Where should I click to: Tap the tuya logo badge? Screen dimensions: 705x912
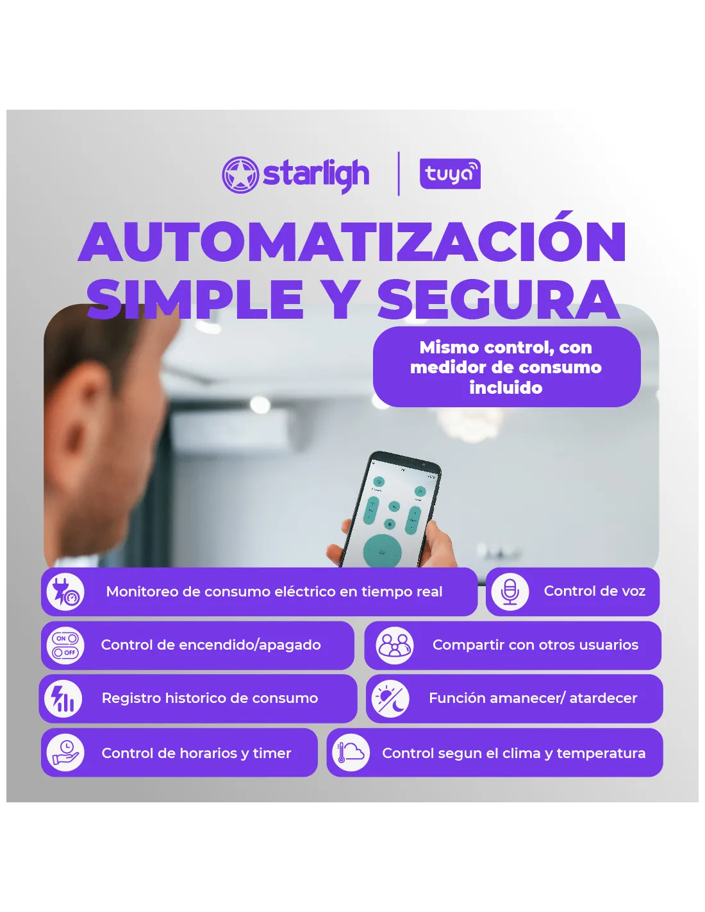[x=449, y=174]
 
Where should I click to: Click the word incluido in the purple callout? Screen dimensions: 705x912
[x=506, y=387]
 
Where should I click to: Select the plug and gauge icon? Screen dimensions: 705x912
[x=65, y=591]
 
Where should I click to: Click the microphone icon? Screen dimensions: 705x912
[x=510, y=591]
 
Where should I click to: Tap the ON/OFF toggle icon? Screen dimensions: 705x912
[x=65, y=645]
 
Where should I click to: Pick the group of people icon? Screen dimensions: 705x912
[x=394, y=645]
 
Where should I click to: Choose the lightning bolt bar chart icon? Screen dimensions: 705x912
[x=63, y=698]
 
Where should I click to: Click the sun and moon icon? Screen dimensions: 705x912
[x=390, y=698]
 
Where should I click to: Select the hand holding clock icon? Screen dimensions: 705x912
[x=65, y=752]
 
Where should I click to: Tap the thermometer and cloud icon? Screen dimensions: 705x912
[x=351, y=752]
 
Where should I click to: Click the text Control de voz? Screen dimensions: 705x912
[x=594, y=591]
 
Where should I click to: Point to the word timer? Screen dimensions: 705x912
[x=272, y=753]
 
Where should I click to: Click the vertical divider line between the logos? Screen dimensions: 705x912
[x=399, y=174]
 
